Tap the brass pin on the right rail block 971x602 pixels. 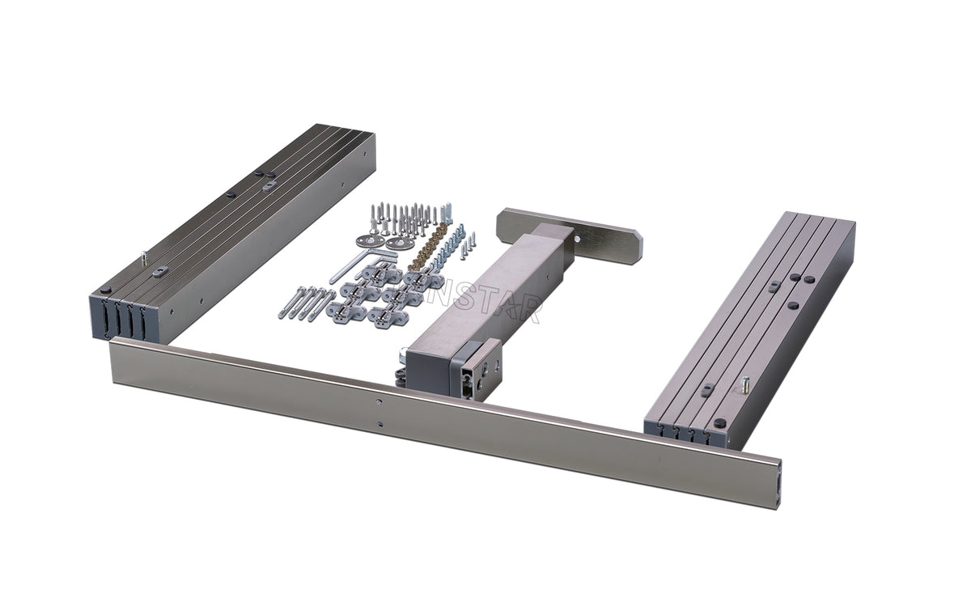tap(741, 384)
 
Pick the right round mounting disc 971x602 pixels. tap(396, 242)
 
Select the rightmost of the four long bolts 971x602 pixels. tap(322, 305)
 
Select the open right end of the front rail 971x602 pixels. tap(775, 486)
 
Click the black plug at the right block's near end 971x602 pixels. tap(719, 423)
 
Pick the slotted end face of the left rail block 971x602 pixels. tap(121, 320)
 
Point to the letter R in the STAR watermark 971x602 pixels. tap(531, 309)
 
